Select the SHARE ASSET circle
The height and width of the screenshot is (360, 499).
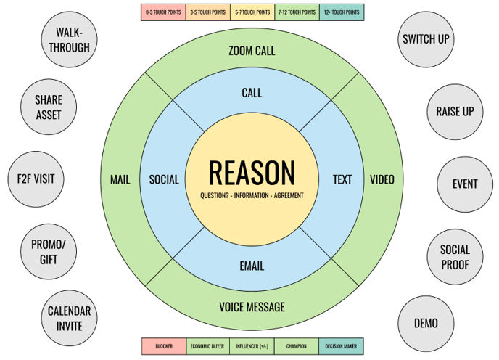49,107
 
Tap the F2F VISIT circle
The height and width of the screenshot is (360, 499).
36,179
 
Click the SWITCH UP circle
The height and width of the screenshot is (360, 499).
426,39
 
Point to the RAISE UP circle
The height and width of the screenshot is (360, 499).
455,111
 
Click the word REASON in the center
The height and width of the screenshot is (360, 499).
252,173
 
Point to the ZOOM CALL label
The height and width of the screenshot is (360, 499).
252,51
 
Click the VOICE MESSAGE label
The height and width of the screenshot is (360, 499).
252,307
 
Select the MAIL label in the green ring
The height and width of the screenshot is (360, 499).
120,179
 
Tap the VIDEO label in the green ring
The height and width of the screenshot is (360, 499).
382,179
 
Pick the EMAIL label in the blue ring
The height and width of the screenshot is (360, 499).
252,266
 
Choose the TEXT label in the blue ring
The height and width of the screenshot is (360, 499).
342,179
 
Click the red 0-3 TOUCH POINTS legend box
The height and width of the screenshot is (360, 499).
163,12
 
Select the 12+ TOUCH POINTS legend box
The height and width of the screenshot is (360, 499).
341,12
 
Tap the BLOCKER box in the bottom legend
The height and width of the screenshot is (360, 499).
163,346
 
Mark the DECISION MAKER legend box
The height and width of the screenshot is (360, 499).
341,346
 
